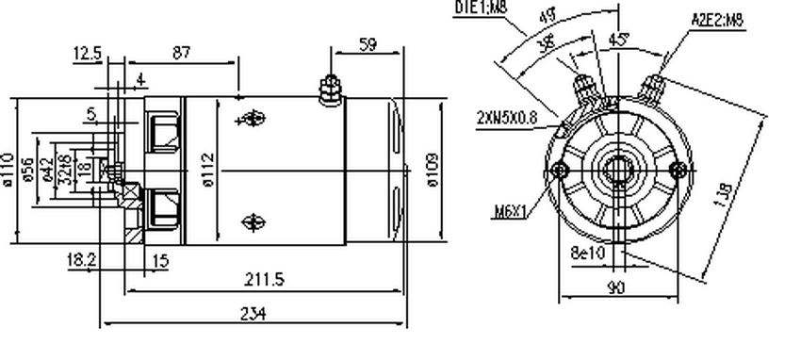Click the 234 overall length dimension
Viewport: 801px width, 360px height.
click(x=253, y=314)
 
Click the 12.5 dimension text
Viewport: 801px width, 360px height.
click(x=87, y=55)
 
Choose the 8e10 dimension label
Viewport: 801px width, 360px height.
click(x=592, y=252)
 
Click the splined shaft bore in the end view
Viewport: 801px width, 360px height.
click(x=619, y=172)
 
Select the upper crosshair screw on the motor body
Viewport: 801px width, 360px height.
click(x=251, y=120)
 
